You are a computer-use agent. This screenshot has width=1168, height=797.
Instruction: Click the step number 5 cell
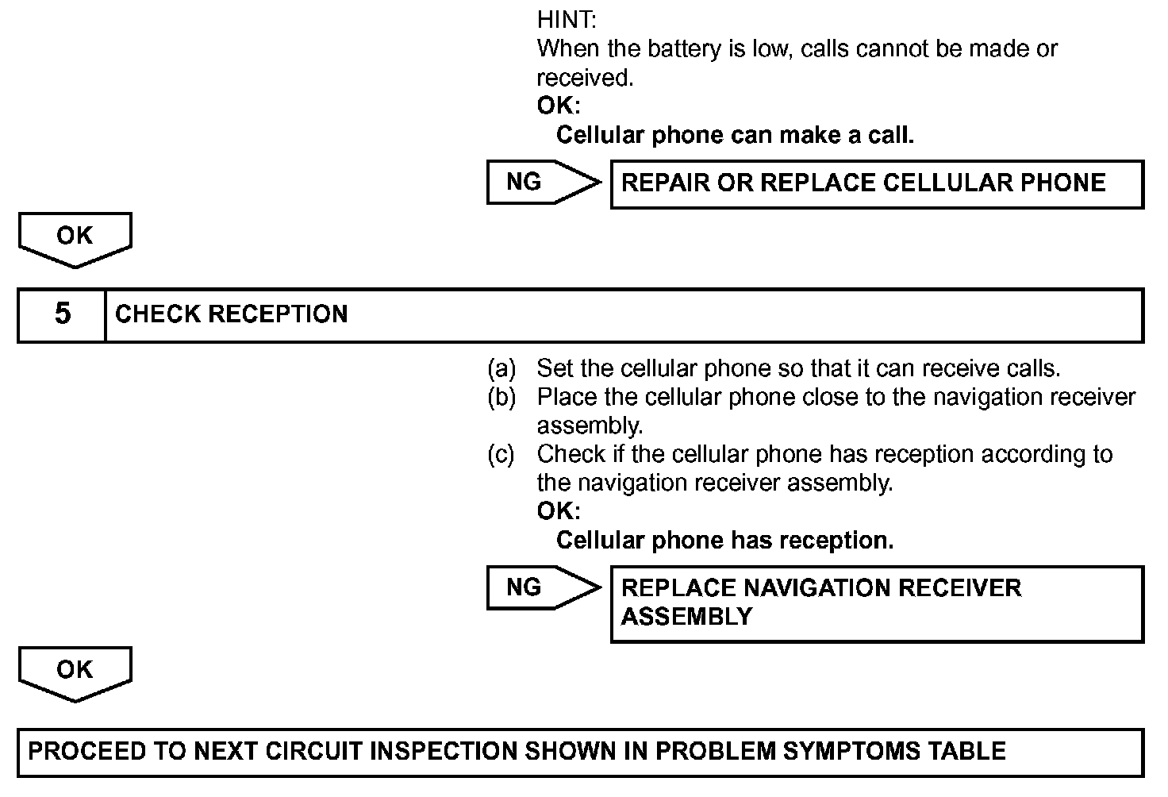(x=62, y=315)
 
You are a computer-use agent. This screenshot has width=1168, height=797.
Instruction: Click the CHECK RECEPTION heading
(x=231, y=315)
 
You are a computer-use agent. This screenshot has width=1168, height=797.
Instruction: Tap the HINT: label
(x=566, y=19)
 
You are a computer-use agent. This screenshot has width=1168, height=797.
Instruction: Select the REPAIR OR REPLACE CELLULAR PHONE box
(x=876, y=184)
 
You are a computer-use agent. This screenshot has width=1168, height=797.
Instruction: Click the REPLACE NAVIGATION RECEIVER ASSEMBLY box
(x=876, y=603)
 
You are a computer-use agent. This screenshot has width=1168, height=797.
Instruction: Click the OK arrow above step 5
(x=75, y=237)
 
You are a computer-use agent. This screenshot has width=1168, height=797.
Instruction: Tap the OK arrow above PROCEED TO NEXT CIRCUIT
(x=75, y=672)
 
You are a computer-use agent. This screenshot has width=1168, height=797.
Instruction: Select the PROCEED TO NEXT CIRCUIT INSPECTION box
(x=580, y=752)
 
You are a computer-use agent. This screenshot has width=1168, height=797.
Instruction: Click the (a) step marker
(x=501, y=369)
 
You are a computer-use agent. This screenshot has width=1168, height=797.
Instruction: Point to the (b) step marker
(x=501, y=398)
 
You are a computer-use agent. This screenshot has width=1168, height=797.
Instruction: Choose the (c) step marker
(x=501, y=455)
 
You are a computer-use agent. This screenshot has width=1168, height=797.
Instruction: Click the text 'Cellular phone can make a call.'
(x=735, y=136)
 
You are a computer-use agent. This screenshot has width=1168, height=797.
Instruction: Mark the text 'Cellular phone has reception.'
(x=724, y=541)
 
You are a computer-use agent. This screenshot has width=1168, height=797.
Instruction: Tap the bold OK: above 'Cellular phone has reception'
(x=558, y=511)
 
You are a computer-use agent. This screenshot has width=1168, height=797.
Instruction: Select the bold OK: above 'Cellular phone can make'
(x=558, y=106)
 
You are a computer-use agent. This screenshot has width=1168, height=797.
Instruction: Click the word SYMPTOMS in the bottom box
(x=840, y=752)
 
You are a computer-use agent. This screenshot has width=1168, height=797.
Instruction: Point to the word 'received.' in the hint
(x=585, y=79)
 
